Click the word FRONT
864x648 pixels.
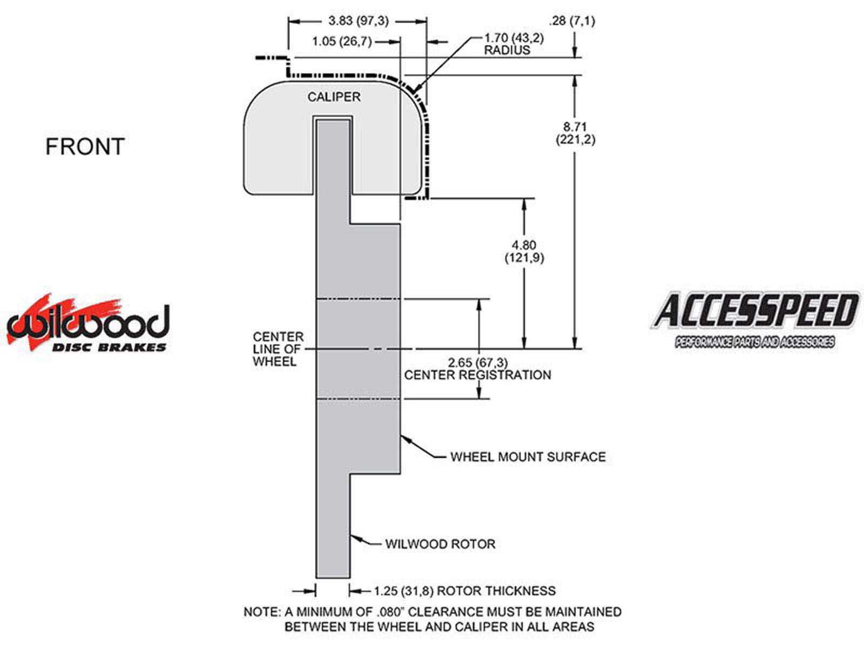(x=85, y=147)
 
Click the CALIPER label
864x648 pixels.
(x=334, y=97)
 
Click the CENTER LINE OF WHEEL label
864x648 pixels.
(x=278, y=349)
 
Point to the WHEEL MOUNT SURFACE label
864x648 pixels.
(x=528, y=457)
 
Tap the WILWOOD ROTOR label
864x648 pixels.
(x=440, y=544)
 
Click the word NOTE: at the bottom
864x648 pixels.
(x=262, y=612)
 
